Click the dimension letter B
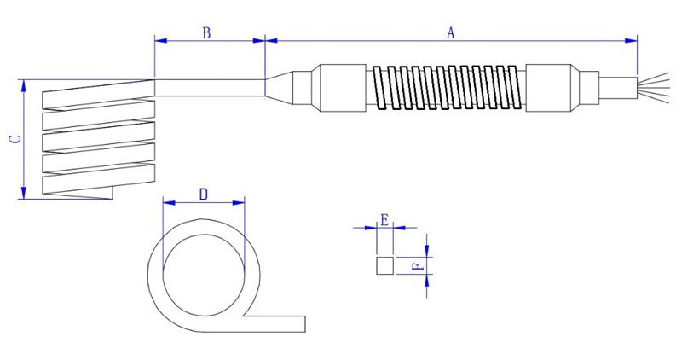[205, 32]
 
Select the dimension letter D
[203, 194]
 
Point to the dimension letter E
[384, 219]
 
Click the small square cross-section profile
[384, 265]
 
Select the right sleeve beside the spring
[553, 86]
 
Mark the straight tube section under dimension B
[209, 87]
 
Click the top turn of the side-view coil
[98, 86]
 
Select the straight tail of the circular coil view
[277, 322]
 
